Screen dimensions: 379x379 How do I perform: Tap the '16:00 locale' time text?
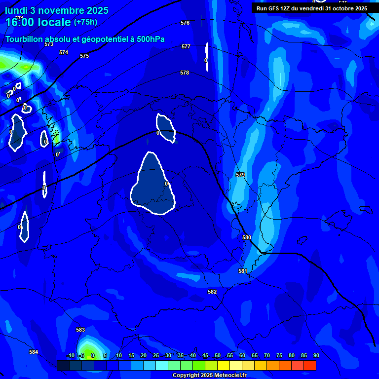(38, 22)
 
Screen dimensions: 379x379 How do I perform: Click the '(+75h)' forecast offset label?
(85, 22)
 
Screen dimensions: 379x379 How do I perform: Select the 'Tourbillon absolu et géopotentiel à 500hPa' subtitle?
(85, 39)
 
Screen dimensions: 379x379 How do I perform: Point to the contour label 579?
(240, 175)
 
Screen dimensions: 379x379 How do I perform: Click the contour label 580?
(247, 237)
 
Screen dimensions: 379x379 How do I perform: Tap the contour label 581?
(242, 271)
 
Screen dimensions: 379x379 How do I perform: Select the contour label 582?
(212, 292)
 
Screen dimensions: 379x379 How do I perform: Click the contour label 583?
(80, 330)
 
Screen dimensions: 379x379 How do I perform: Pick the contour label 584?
(34, 352)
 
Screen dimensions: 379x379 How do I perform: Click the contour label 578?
(185, 73)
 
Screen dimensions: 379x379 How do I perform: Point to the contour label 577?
(186, 46)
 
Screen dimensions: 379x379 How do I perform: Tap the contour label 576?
(185, 23)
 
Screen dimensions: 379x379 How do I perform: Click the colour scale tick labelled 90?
(316, 355)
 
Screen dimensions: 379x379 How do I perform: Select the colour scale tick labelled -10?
(71, 355)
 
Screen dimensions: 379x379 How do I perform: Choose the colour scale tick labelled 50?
(218, 355)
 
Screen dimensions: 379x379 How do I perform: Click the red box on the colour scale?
(309, 365)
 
